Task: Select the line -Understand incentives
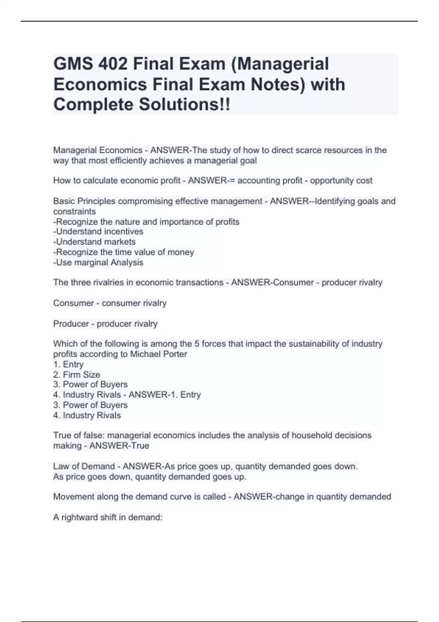tap(98, 232)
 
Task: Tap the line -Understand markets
tap(94, 242)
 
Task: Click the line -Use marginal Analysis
tap(98, 262)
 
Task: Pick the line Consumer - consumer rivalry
tap(110, 303)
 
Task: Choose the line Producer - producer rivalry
tap(105, 324)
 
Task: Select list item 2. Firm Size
tap(76, 375)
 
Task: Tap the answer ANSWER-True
tap(119, 446)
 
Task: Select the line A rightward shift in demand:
tap(108, 517)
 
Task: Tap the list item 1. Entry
tap(68, 364)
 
